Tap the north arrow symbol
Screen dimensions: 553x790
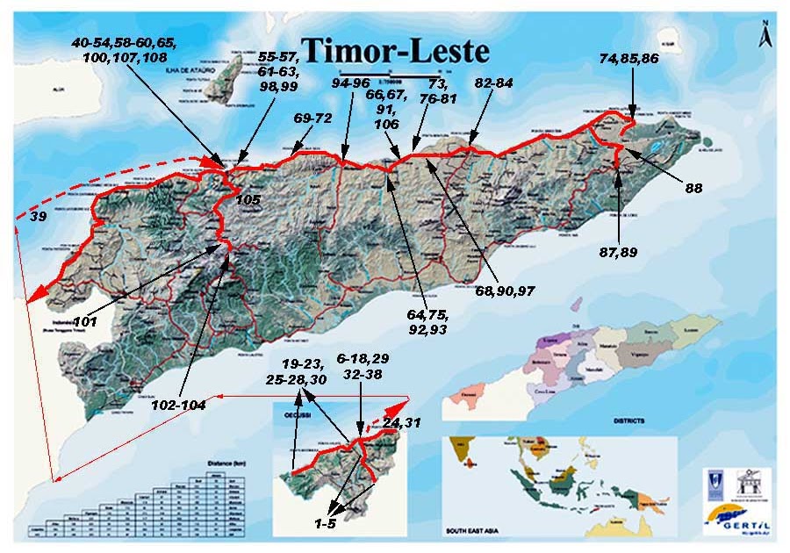[x=765, y=34]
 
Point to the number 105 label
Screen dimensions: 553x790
[x=248, y=200]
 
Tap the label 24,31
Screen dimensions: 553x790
[x=399, y=422]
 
